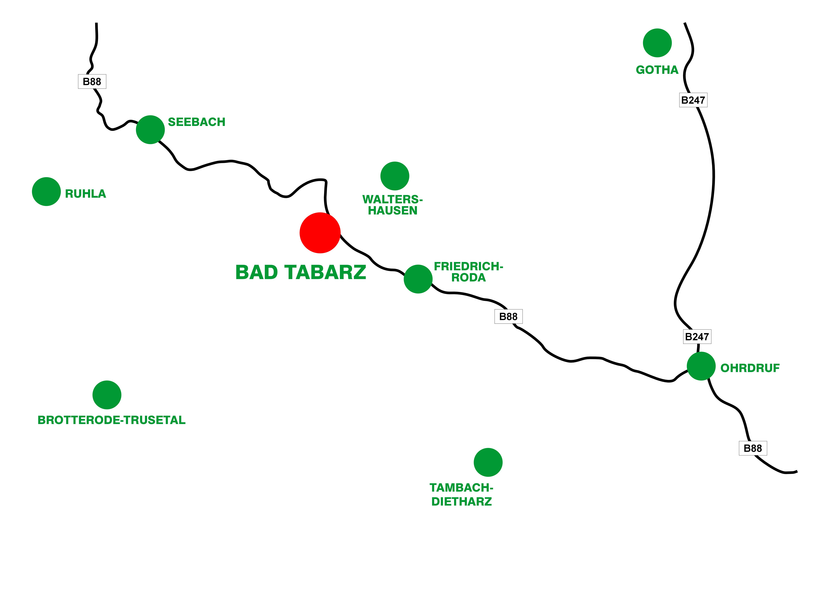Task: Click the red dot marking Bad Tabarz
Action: point(320,233)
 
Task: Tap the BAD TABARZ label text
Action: point(300,272)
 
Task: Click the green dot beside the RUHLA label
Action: point(46,191)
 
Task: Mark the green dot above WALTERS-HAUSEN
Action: point(395,176)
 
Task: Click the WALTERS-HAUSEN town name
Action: point(393,205)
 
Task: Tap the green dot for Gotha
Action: point(657,43)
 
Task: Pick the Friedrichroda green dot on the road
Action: point(418,279)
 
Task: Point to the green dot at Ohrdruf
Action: point(701,366)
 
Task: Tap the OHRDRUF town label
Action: point(750,368)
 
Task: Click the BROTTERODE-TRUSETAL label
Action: point(111,420)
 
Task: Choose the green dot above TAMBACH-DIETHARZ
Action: point(488,462)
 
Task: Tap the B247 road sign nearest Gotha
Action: point(693,100)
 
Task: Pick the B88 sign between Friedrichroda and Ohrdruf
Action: point(508,316)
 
